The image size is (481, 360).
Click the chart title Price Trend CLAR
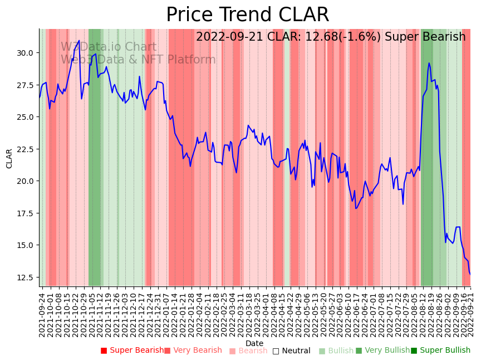(x=247, y=15)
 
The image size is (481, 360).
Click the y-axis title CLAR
(x=9, y=158)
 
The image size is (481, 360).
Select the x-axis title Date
(x=254, y=343)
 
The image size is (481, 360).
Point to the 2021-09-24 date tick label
(x=42, y=312)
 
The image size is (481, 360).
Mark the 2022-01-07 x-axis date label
(x=166, y=312)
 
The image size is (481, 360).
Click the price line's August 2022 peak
(x=429, y=63)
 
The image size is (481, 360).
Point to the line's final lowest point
(x=470, y=274)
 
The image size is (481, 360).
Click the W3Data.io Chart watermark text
(x=109, y=47)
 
